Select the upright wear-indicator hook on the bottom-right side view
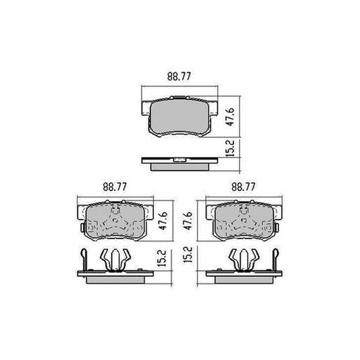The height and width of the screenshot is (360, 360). click(x=276, y=257)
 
